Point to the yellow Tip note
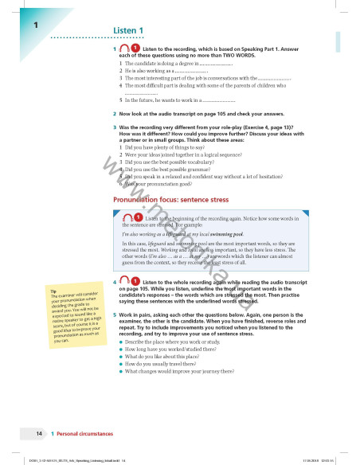[73, 315]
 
